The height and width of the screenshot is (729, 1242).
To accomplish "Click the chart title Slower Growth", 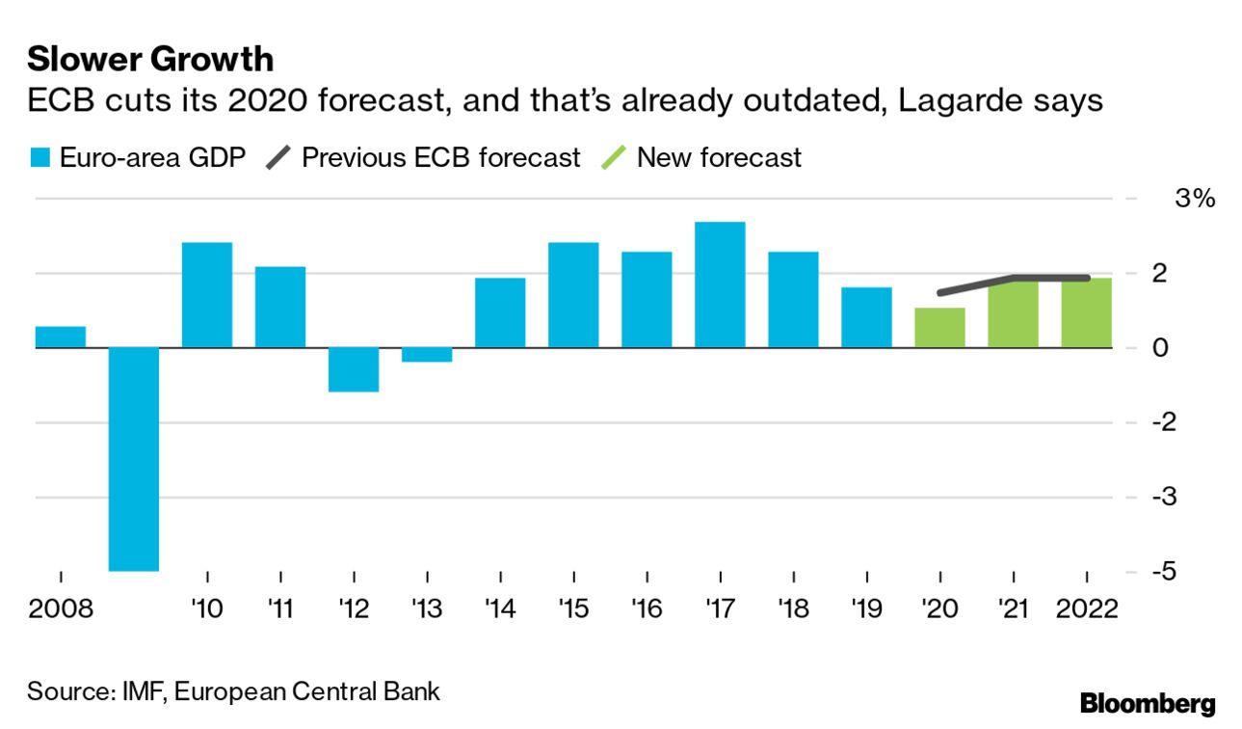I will click(x=150, y=60).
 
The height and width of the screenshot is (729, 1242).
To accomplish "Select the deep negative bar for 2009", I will click(x=133, y=458).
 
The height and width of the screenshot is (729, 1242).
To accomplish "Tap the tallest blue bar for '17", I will click(x=720, y=284).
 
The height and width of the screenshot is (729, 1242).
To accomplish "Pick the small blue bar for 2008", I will click(x=60, y=337).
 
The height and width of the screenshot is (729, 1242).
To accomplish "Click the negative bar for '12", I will click(x=354, y=369).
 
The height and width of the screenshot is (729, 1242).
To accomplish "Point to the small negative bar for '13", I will click(x=427, y=354).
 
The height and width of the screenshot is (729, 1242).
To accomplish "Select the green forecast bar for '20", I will click(x=939, y=328).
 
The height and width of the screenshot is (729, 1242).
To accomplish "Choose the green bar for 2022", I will click(x=1086, y=313).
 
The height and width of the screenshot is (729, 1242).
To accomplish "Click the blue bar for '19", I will click(x=866, y=317).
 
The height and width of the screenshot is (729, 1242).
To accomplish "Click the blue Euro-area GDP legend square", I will click(x=40, y=158).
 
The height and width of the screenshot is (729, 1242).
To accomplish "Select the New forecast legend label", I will click(x=719, y=157).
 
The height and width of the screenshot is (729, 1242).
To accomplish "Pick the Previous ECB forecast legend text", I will click(x=440, y=157).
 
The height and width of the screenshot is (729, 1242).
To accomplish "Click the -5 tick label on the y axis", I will click(x=1168, y=571).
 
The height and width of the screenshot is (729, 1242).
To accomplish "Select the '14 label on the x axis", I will click(x=501, y=610).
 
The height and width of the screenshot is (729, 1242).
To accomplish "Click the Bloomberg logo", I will click(x=1148, y=703).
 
